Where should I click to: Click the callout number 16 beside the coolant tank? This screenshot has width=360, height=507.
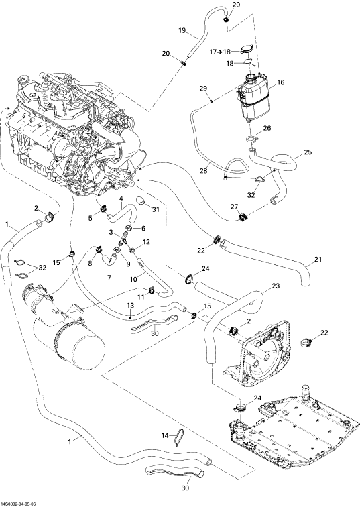click(x=280, y=82)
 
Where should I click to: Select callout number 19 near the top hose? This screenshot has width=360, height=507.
click(x=182, y=30)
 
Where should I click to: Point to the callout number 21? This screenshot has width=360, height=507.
click(x=318, y=259)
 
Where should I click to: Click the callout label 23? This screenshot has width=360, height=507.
click(x=276, y=286)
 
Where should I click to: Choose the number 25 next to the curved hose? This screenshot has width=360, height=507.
click(x=308, y=152)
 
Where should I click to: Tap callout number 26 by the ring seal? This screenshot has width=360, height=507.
click(x=267, y=128)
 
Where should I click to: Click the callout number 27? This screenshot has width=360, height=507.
click(x=234, y=207)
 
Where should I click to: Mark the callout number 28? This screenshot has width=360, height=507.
click(x=203, y=171)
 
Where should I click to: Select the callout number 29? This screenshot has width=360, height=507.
click(x=203, y=89)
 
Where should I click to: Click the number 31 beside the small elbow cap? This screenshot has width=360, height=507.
click(x=156, y=209)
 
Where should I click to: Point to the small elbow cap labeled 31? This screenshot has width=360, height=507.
click(x=141, y=201)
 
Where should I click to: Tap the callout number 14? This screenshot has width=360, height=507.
click(x=165, y=435)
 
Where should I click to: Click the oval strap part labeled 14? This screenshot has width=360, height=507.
click(x=177, y=437)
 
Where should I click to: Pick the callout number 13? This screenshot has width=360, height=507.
click(x=130, y=305)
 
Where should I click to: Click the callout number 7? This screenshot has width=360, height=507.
click(x=109, y=278)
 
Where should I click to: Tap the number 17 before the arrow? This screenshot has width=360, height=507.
click(x=213, y=52)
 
